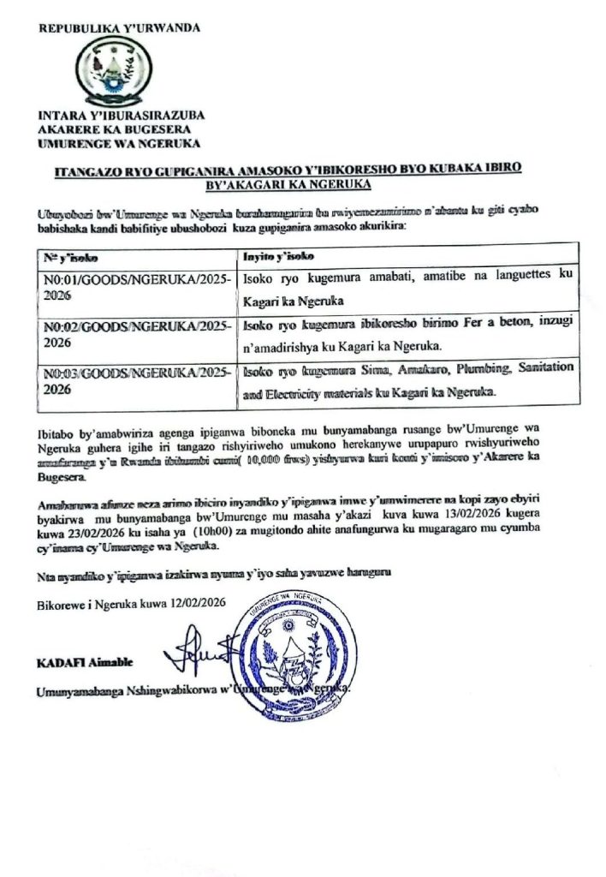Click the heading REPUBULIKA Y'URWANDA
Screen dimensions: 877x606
(119, 28)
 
